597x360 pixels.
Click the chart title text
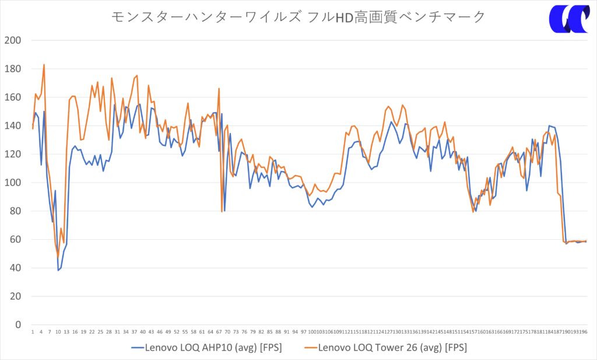coord(298,17)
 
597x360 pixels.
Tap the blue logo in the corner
coord(568,19)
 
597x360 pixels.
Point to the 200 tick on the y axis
coord(12,40)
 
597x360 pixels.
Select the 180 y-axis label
coord(12,69)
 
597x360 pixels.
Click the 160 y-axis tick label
coord(12,97)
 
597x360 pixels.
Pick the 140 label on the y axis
coord(12,126)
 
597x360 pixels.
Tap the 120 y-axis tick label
coord(12,154)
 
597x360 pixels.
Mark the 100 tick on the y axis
coord(12,183)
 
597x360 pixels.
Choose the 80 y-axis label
coord(15,211)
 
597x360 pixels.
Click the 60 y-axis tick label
coord(15,240)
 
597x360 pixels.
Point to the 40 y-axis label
coord(15,268)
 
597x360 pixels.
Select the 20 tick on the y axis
coord(15,296)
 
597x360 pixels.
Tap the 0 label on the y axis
coord(17,325)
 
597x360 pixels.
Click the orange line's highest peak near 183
coord(44,65)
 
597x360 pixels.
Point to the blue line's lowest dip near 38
coord(58,270)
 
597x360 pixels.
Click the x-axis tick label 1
coord(33,333)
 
